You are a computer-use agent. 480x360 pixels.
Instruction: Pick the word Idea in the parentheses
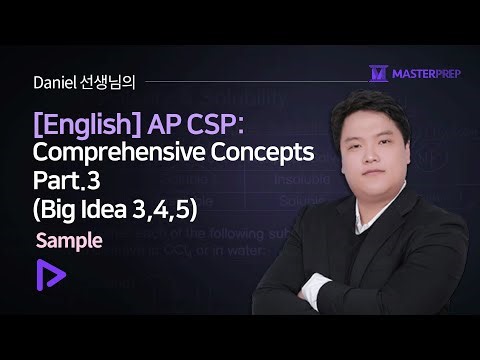124,211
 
